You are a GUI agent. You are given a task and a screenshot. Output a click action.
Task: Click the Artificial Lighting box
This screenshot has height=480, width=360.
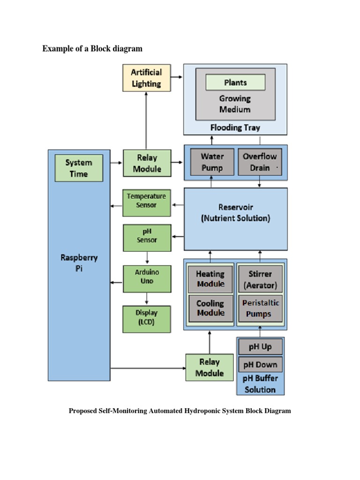(146, 78)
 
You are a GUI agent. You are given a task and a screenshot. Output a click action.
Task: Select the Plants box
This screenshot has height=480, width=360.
(235, 82)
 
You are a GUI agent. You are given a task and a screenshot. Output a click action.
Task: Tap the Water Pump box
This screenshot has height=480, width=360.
(212, 162)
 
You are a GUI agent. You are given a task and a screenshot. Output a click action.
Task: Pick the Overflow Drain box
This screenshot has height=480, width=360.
(260, 162)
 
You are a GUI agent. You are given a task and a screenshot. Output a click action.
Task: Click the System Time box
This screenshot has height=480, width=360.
(79, 168)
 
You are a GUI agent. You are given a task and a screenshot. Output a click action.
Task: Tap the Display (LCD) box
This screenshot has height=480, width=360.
(146, 318)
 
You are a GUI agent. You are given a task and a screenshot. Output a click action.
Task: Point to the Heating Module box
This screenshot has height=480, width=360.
(210, 279)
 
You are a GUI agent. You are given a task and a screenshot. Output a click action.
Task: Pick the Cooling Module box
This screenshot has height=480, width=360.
(210, 308)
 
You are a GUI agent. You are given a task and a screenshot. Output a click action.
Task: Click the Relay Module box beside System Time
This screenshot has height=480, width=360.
(146, 163)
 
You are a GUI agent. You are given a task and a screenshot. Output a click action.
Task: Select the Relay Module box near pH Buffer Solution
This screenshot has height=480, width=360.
(210, 367)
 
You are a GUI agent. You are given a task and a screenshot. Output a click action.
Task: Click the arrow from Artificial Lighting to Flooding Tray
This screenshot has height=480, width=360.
(177, 76)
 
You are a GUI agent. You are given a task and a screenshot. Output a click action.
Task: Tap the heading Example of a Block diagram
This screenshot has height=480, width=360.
(92, 49)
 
